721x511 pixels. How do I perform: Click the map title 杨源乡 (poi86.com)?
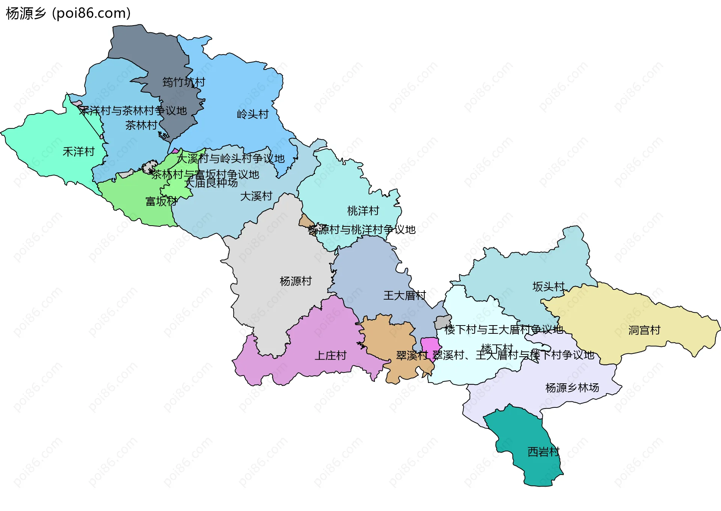click(68, 14)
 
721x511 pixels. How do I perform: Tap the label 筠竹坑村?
click(184, 82)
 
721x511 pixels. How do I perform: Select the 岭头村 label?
click(253, 114)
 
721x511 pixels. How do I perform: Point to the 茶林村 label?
click(141, 125)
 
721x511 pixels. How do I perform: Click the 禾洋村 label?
click(78, 152)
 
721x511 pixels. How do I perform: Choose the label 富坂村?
click(161, 202)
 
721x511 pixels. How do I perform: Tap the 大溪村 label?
click(256, 196)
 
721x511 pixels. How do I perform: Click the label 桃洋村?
click(363, 211)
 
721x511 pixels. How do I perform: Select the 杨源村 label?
click(296, 281)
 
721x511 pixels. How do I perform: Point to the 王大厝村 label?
click(404, 295)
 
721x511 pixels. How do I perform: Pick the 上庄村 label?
click(330, 355)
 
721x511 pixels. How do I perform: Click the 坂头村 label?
click(548, 286)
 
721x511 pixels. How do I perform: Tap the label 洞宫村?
click(644, 330)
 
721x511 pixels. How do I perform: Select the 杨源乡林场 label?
click(572, 387)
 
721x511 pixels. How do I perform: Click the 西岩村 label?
click(543, 452)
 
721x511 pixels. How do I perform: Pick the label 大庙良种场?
click(211, 183)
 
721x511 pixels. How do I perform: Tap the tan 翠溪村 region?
click(387, 334)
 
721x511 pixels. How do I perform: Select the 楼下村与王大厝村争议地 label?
click(504, 330)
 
